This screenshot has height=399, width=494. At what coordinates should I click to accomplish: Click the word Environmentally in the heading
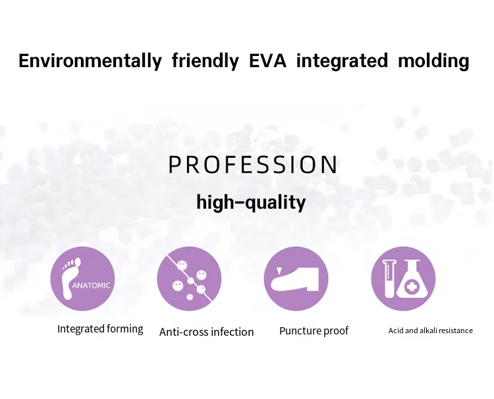point(90,61)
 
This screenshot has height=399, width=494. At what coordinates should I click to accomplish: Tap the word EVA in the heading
point(268,61)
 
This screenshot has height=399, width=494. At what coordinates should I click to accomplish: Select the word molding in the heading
point(433,61)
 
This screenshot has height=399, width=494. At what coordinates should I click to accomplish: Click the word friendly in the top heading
point(205,61)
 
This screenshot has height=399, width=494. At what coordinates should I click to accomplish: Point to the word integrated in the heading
point(342,61)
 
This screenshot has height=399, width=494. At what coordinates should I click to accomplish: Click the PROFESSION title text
point(253,165)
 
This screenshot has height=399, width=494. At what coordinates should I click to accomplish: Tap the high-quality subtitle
point(251,202)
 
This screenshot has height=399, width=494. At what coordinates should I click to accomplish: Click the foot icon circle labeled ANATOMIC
point(82,279)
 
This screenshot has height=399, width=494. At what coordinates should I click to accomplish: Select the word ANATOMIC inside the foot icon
point(91,286)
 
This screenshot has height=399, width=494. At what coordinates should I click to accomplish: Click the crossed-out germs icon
point(189,279)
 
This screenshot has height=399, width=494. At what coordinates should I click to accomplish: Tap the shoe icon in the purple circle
point(296,279)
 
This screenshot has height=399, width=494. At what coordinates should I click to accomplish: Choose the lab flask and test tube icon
point(403,279)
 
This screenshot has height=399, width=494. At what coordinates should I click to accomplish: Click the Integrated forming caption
point(100,329)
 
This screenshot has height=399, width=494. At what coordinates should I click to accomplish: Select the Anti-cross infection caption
point(206,332)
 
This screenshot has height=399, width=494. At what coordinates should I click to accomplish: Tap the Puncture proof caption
point(314,331)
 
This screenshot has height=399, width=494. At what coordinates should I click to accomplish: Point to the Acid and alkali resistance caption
point(430,331)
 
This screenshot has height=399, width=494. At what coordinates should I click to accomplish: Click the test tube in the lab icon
point(389,279)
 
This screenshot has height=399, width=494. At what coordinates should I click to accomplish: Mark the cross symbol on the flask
point(410,287)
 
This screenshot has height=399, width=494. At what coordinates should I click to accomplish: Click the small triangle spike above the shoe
point(279,271)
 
